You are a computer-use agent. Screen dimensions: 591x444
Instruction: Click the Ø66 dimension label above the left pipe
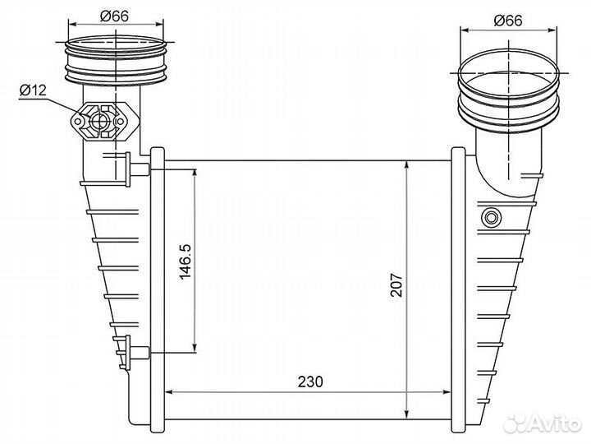(x=114, y=16)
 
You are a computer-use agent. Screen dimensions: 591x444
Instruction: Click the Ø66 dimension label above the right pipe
(x=508, y=21)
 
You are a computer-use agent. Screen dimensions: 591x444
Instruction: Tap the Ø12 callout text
(x=33, y=90)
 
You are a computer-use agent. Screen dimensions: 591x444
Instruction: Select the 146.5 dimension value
(x=186, y=261)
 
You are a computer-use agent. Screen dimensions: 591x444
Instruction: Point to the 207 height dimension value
(x=396, y=285)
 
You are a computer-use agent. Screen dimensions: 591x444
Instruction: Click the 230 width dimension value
(x=310, y=382)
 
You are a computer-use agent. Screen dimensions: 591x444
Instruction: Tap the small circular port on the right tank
(x=491, y=217)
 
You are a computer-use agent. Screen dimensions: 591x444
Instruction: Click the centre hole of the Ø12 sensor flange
(x=100, y=121)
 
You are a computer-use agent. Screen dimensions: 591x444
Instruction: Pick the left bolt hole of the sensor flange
(x=77, y=122)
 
